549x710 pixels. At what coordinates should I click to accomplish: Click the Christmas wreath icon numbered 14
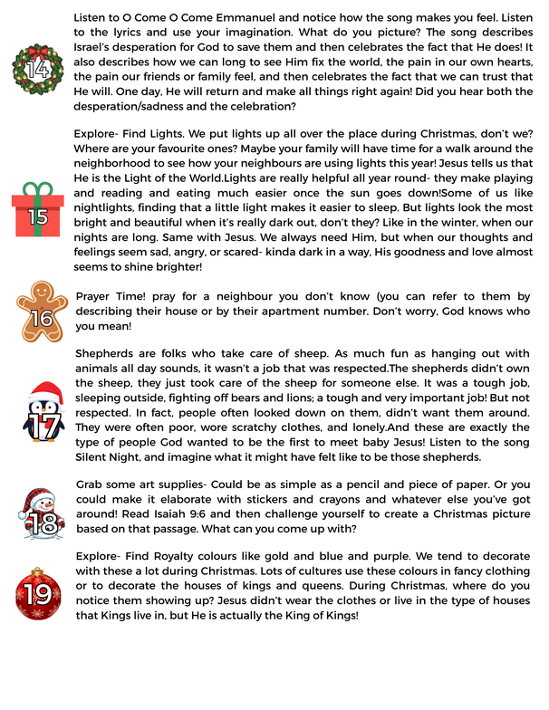pyautogui.click(x=38, y=67)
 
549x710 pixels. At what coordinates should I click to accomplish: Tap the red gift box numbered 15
pyautogui.click(x=38, y=216)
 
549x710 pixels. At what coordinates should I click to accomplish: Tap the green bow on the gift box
pyautogui.click(x=37, y=193)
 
